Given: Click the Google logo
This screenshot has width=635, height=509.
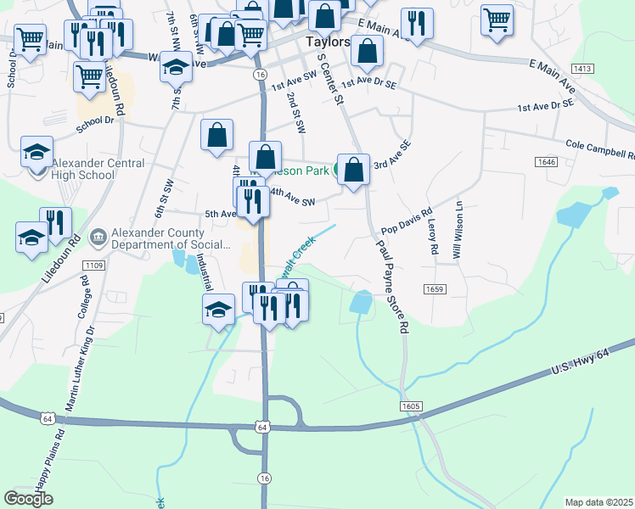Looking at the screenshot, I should pos(28,499).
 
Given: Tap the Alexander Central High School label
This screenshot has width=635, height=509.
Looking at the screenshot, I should pos(83,170).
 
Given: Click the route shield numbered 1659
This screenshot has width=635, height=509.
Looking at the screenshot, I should pos(436,289).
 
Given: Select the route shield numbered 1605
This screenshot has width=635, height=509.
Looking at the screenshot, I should pos(409,407).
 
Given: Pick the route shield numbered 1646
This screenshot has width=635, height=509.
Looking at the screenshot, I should pos(546,161).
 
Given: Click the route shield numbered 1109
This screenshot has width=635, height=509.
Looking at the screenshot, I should pos(93,266).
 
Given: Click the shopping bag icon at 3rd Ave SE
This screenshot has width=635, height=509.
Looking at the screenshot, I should pos(353,169).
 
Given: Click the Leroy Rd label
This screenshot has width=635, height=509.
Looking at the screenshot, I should pos(432,236).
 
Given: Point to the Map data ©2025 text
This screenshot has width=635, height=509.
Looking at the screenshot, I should pos(598,502).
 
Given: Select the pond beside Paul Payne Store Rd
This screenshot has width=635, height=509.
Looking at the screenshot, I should pos(361,302).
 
